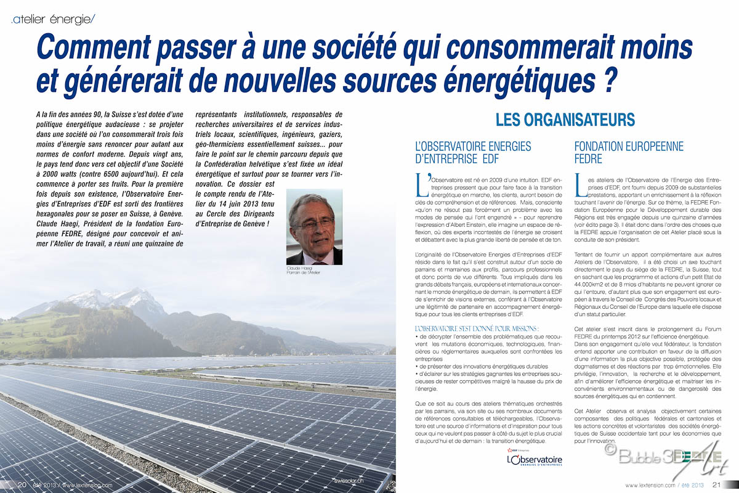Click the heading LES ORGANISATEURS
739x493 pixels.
565,120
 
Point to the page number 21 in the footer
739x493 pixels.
717,484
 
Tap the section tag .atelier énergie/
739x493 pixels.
53,20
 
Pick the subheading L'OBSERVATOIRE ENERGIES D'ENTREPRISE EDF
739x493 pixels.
473,152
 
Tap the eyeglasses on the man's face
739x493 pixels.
315,222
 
